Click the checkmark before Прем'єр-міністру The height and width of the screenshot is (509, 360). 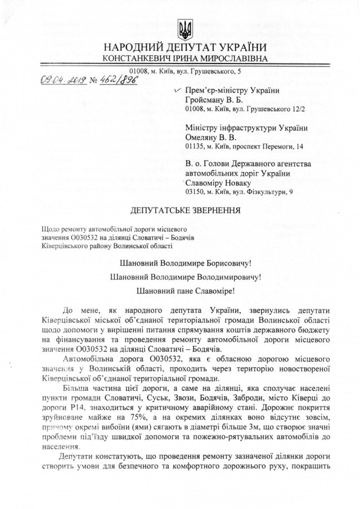tap(178, 90)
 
